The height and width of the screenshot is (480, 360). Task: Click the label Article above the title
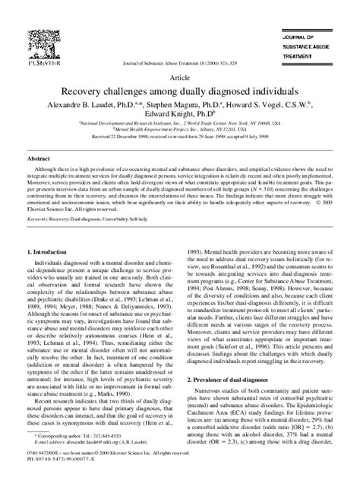pos(181,78)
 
